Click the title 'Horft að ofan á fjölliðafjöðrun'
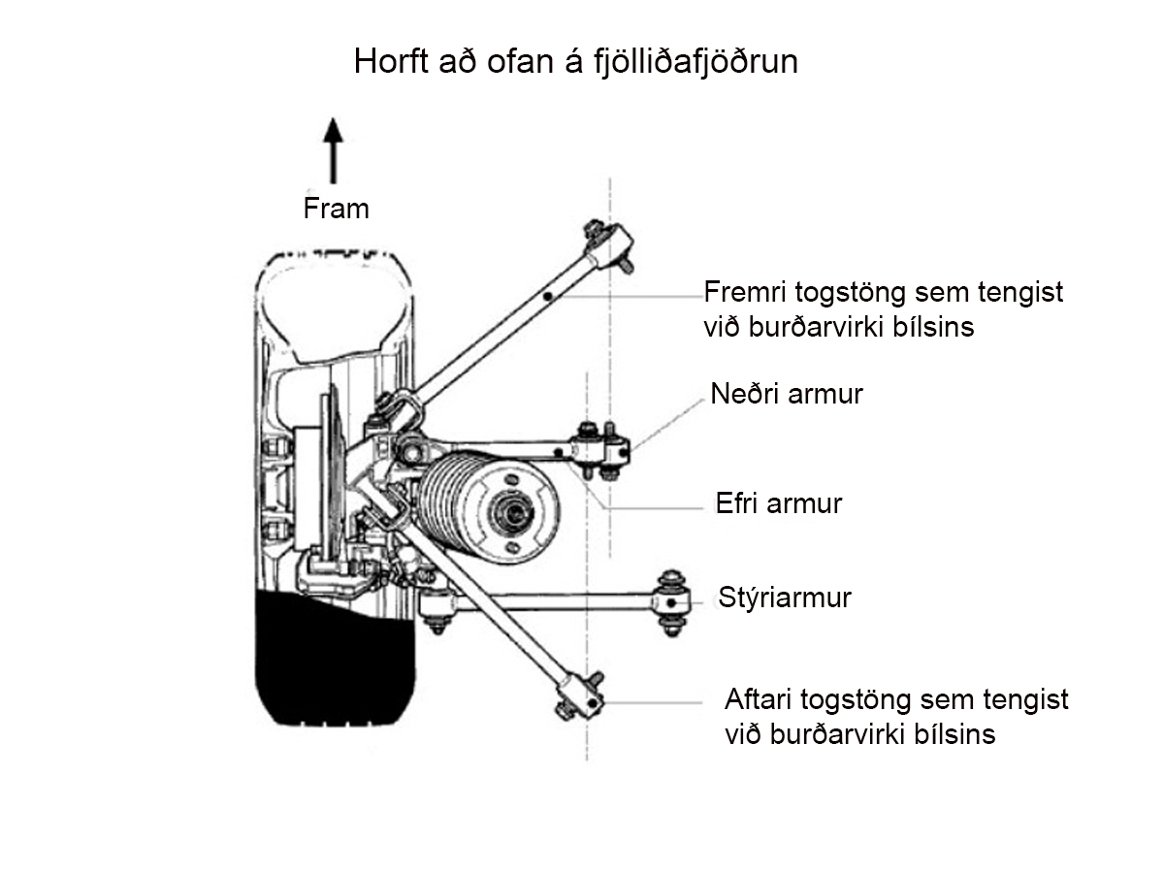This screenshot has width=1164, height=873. coord(575,61)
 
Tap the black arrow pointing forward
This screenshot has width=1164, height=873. coord(333,151)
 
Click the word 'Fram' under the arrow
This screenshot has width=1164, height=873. coord(337,209)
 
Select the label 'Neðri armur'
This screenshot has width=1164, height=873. coord(787,394)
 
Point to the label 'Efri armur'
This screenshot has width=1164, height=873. coord(779,503)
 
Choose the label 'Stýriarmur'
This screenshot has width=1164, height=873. coord(785,598)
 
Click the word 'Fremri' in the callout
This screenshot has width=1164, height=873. coord(745,292)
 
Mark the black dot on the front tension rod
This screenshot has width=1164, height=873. coord(548,296)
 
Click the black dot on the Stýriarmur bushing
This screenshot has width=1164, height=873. coord(671,602)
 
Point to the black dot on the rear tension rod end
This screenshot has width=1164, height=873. coord(593,702)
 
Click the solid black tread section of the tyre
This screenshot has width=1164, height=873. coord(336,658)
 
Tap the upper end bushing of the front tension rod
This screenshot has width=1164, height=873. coord(610,245)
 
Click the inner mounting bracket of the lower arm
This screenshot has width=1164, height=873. coord(600,451)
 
